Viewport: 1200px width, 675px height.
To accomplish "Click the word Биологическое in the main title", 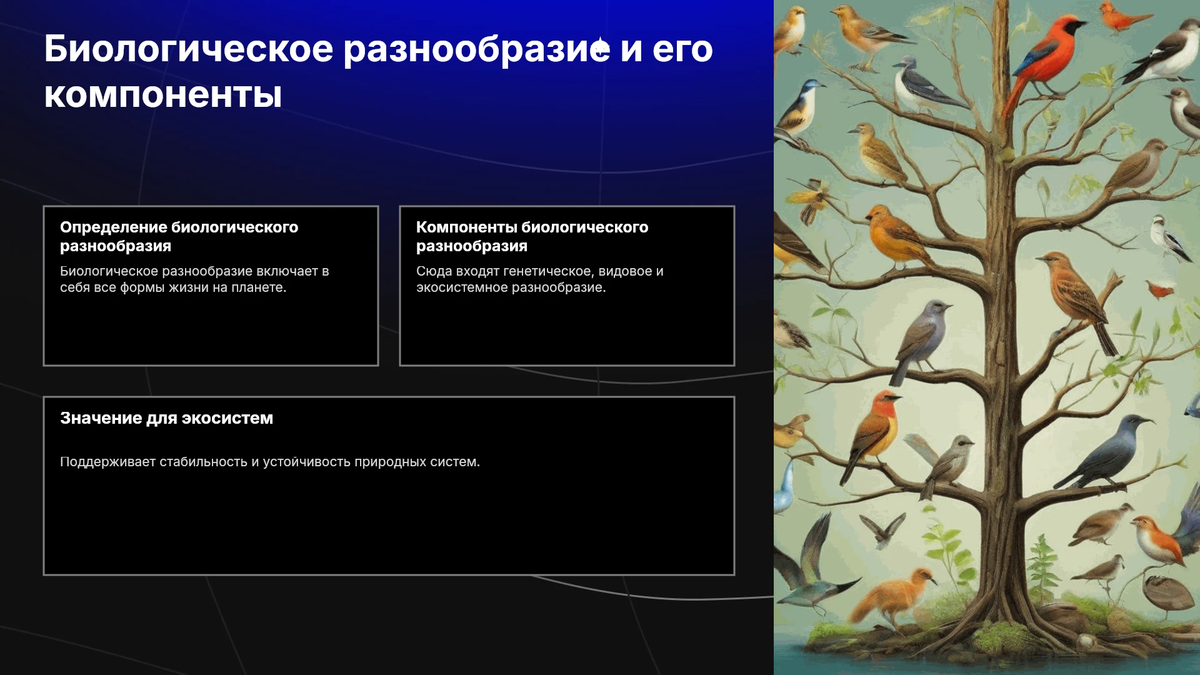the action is pos(189,49).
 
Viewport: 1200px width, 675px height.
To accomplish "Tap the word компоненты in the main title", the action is pos(163,96).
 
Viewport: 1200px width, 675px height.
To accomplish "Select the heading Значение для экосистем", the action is pos(166,418).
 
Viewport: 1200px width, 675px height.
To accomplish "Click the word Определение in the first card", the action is pos(113,227).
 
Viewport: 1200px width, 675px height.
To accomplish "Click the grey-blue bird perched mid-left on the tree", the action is pos(922,341).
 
